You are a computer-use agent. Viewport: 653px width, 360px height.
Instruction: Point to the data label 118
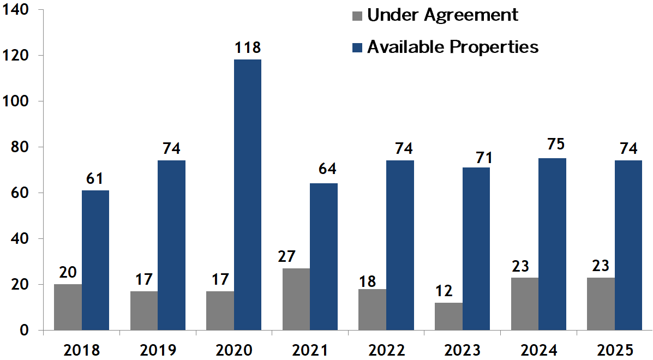248,48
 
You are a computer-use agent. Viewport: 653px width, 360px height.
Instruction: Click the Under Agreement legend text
442,15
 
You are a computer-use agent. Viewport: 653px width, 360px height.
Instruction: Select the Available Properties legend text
453,47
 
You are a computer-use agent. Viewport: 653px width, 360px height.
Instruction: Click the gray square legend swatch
357,15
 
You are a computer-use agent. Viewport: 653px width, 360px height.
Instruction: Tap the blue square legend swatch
357,47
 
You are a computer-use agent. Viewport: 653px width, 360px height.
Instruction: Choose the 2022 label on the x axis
386,350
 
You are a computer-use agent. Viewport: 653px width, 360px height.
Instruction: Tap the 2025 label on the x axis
615,350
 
